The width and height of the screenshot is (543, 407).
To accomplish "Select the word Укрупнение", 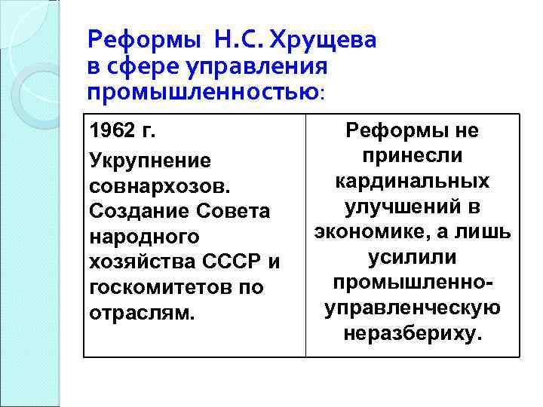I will pos(150,161).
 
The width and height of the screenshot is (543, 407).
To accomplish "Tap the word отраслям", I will pos(142,312).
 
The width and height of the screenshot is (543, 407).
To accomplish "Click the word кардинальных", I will pos(412,182).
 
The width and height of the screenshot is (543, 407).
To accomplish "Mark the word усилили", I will pos(412,258).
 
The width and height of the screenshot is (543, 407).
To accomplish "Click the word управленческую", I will pos(412,308).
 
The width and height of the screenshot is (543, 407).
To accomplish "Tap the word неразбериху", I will pos(412,333).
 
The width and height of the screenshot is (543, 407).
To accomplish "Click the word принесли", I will pos(412,157).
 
